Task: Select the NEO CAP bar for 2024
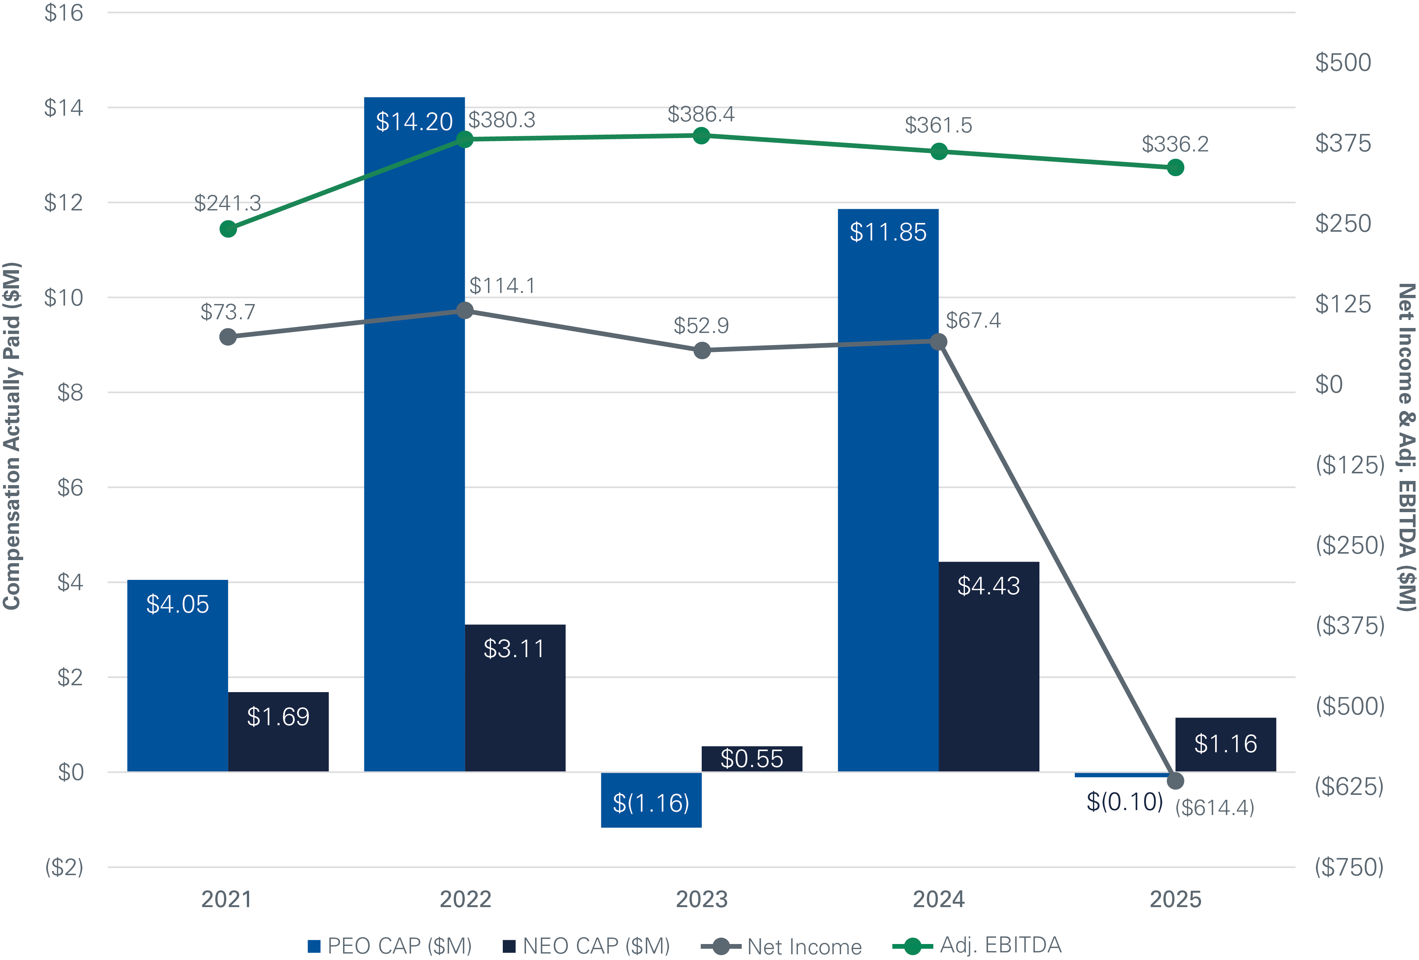(988, 665)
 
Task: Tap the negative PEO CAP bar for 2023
(651, 800)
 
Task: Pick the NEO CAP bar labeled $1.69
(278, 732)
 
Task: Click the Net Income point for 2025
(1175, 780)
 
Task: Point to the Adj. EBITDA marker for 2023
(702, 135)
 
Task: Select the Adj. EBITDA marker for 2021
(228, 229)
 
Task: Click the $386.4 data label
(701, 114)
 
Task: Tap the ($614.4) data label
(1214, 807)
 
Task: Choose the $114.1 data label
(502, 285)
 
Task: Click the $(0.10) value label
(1124, 801)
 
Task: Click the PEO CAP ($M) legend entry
(391, 946)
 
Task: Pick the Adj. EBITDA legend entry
(977, 945)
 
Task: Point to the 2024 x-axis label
(939, 900)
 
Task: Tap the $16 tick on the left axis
(64, 13)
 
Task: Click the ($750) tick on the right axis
(1349, 867)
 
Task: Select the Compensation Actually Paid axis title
(12, 436)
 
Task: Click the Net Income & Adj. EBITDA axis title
(1406, 447)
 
